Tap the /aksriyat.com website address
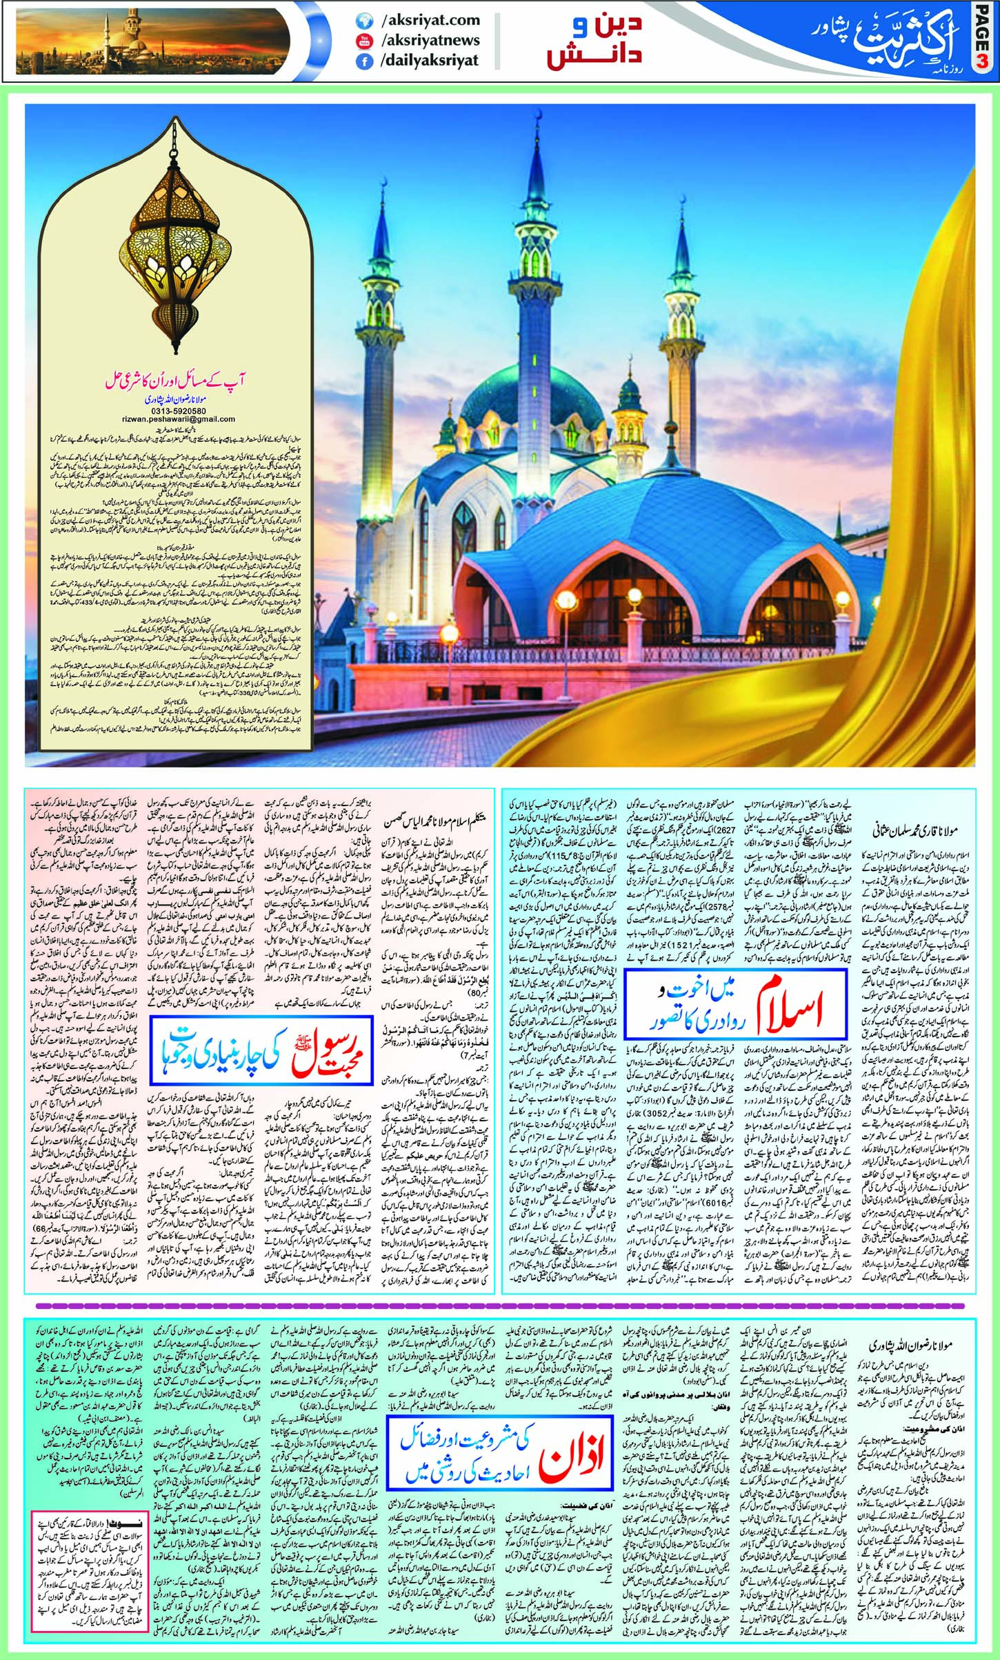429,21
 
